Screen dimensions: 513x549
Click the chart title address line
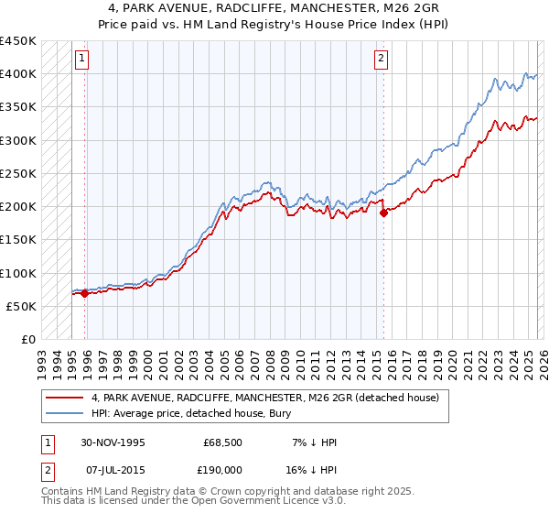click(x=274, y=8)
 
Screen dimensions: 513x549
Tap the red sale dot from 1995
click(x=85, y=294)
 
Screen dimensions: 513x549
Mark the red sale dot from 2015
click(x=383, y=213)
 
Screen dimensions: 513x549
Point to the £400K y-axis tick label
click(x=18, y=74)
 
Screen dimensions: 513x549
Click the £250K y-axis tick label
click(x=18, y=173)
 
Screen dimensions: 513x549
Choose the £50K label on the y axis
click(x=22, y=306)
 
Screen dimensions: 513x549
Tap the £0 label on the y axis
click(x=28, y=339)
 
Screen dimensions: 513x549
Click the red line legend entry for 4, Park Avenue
click(x=265, y=398)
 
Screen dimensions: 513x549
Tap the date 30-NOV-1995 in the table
click(x=113, y=442)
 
